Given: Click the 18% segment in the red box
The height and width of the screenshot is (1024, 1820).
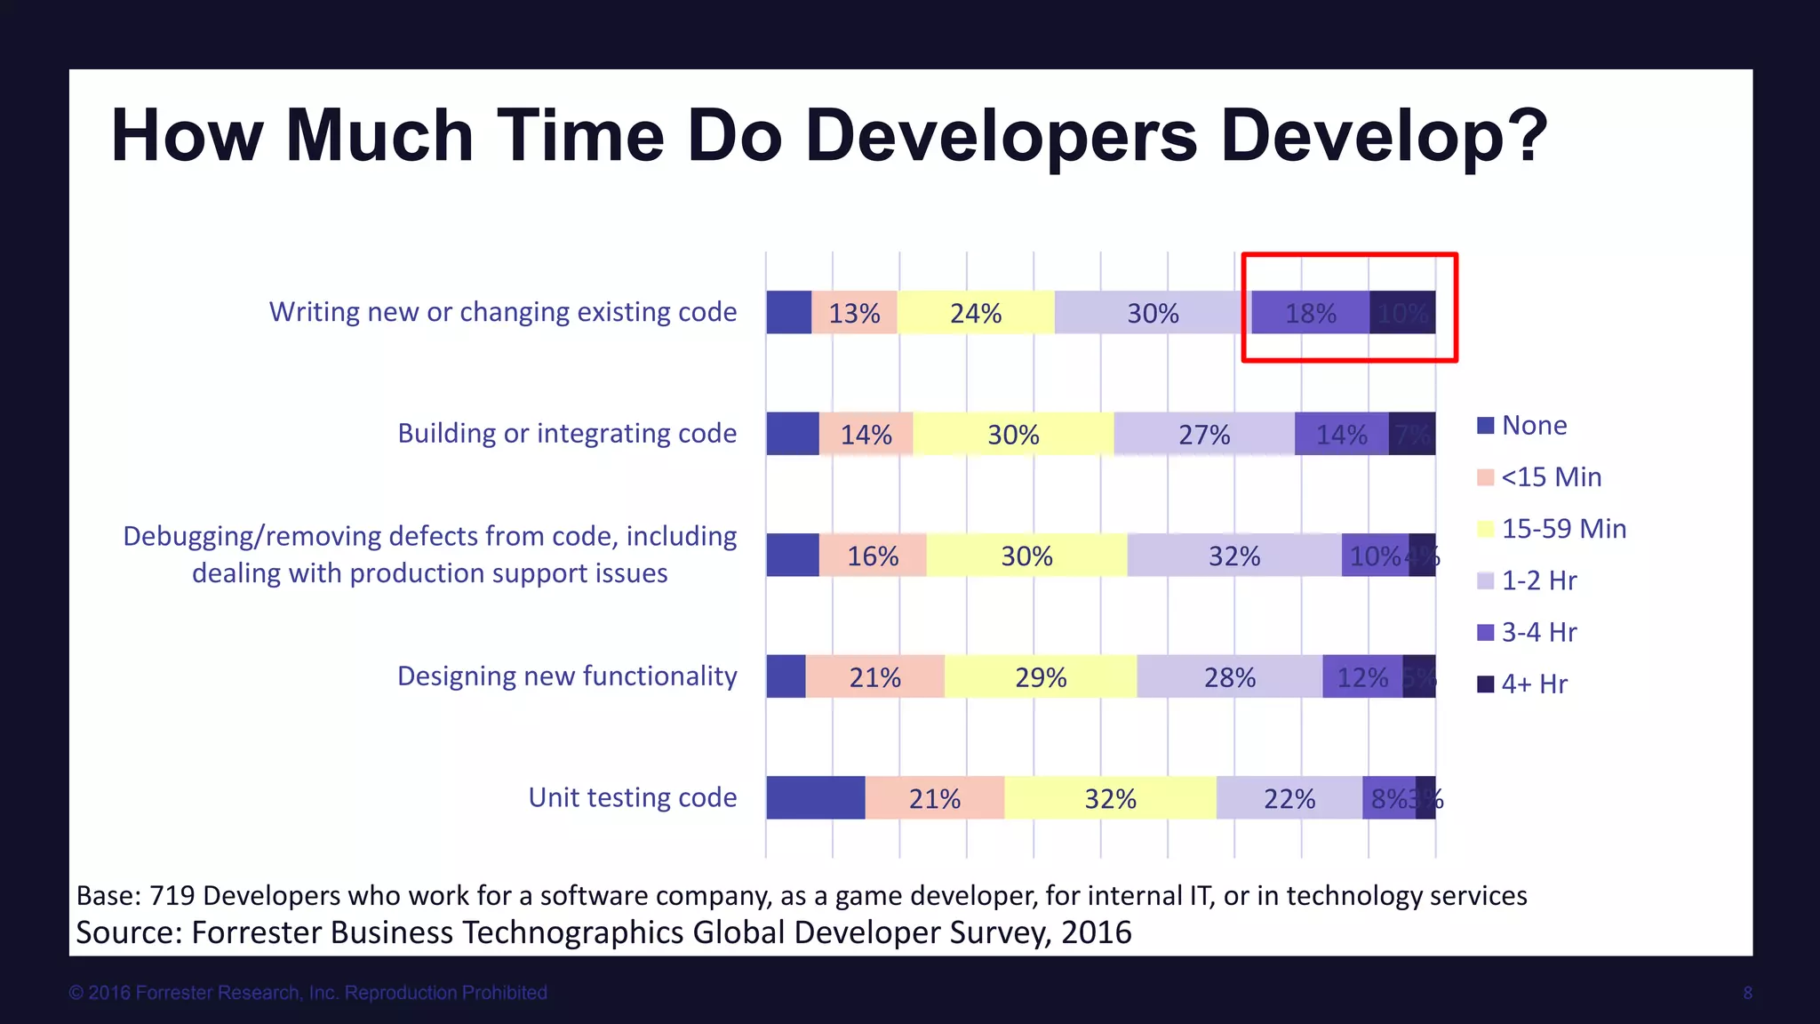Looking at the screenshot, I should pyautogui.click(x=1310, y=313).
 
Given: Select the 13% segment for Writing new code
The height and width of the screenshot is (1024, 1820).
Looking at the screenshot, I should pyautogui.click(x=854, y=313).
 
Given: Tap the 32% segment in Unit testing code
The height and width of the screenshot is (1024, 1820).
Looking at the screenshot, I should pyautogui.click(x=1110, y=798).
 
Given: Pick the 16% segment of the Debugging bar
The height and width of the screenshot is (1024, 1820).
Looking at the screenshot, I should pyautogui.click(x=873, y=556).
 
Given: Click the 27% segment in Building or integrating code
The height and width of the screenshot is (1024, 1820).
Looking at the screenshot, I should pyautogui.click(x=1204, y=435).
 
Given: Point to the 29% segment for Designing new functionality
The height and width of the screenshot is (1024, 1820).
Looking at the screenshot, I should pyautogui.click(x=1041, y=677).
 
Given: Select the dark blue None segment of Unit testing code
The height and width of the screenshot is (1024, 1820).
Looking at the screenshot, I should pyautogui.click(x=815, y=798).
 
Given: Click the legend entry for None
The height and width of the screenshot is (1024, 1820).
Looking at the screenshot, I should pyautogui.click(x=1534, y=426).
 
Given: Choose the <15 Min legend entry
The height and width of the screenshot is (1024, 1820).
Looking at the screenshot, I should pyautogui.click(x=1551, y=477).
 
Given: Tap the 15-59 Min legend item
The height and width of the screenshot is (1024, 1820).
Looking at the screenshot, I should pyautogui.click(x=1563, y=529).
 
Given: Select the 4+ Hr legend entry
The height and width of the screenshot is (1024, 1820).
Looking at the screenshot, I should pyautogui.click(x=1534, y=684).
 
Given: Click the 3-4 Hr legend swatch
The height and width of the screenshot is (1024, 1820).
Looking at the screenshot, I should pyautogui.click(x=1485, y=632).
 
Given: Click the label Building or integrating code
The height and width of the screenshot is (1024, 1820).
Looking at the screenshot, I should pyautogui.click(x=567, y=433).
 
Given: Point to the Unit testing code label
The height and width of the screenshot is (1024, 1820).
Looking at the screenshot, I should pyautogui.click(x=632, y=797).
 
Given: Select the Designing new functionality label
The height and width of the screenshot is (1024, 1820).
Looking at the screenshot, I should pyautogui.click(x=567, y=676).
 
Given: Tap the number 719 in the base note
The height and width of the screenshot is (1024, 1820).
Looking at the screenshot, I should pyautogui.click(x=172, y=895).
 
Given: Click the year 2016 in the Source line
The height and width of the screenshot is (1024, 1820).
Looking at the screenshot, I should pyautogui.click(x=1096, y=932).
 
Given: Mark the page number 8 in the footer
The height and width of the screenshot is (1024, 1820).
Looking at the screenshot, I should pyautogui.click(x=1747, y=993).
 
